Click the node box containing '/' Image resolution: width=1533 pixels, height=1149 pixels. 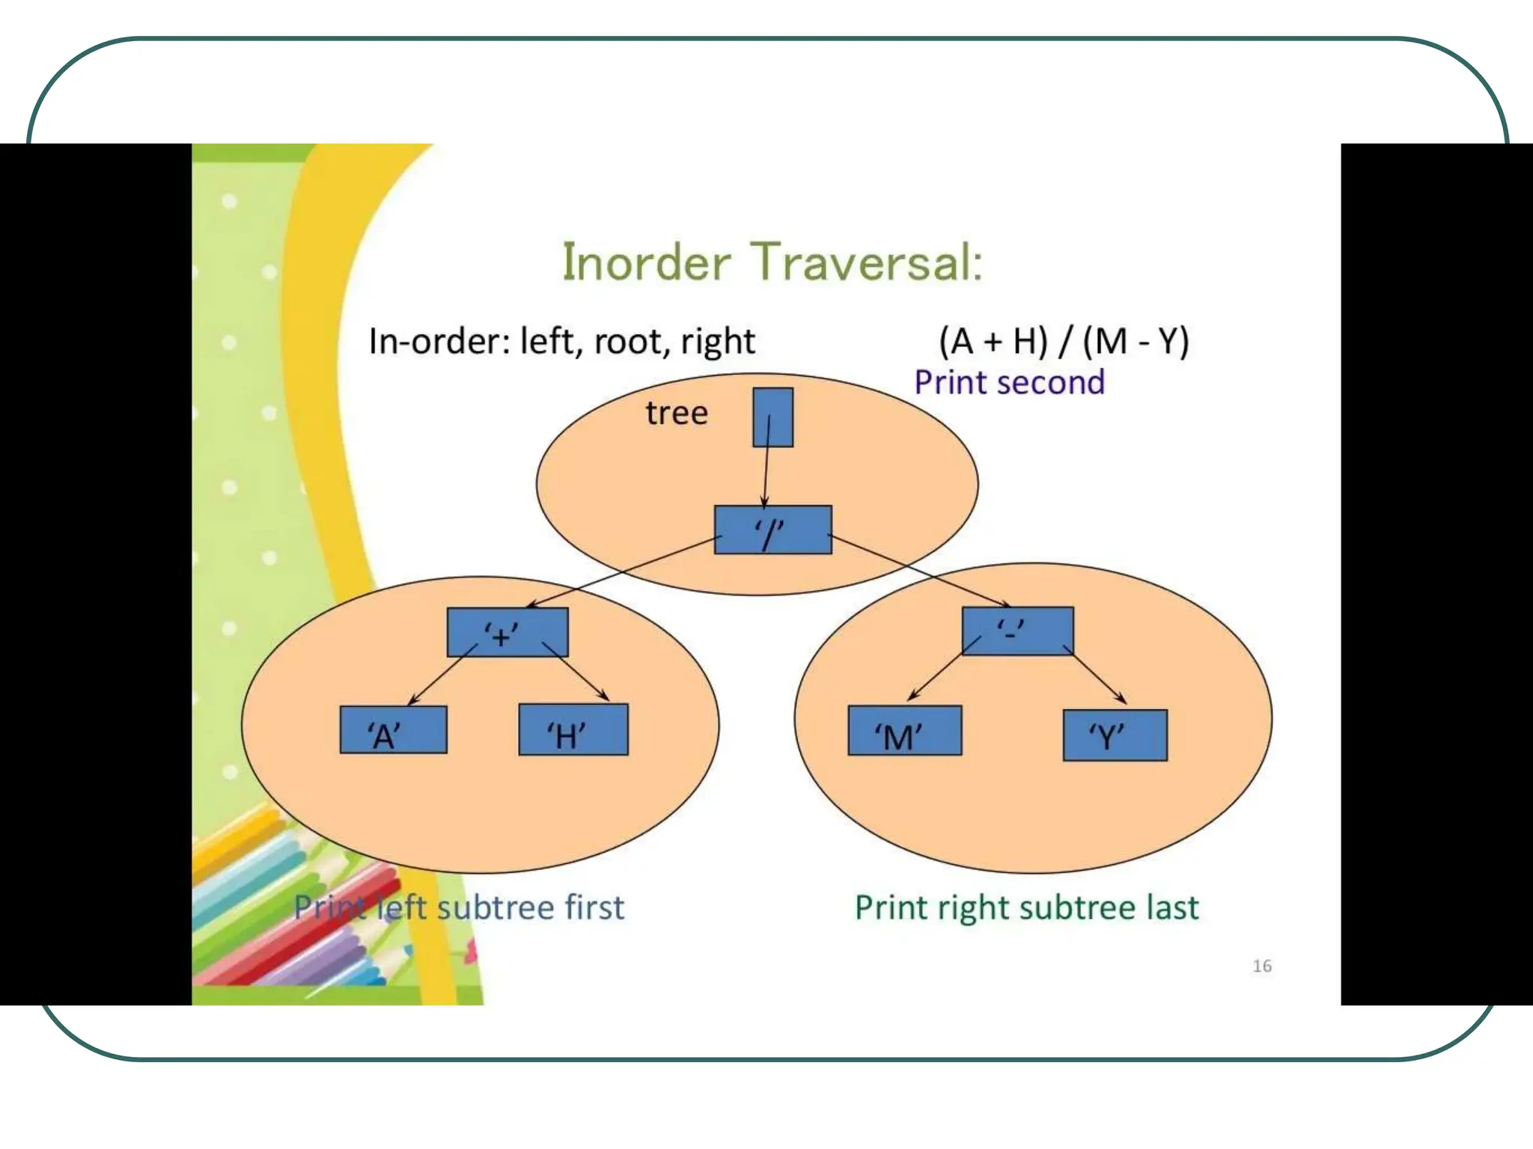pos(772,530)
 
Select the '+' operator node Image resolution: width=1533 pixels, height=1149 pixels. pos(508,632)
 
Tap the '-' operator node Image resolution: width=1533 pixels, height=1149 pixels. pos(1017,631)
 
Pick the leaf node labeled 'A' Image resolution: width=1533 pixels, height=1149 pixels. pos(393,729)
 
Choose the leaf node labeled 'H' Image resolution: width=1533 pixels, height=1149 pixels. pos(573,729)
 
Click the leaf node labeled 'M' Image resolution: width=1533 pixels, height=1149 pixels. pos(904,730)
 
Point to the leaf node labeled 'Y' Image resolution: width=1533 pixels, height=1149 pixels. pos(1115,735)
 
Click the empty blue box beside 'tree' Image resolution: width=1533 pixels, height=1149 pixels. pos(772,417)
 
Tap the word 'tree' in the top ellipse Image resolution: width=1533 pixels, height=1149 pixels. pos(677,413)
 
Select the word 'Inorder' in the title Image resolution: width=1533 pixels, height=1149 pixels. pos(646,263)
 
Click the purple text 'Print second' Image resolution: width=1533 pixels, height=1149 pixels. pos(1009,382)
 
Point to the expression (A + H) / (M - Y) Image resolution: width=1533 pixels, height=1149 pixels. pos(1064,341)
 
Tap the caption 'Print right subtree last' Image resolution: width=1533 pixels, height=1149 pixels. pos(1026,907)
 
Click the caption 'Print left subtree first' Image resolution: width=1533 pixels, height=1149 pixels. pos(459,907)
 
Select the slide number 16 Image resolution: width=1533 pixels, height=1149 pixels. pos(1262,966)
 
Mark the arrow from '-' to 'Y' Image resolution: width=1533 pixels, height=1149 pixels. pos(1095,678)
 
